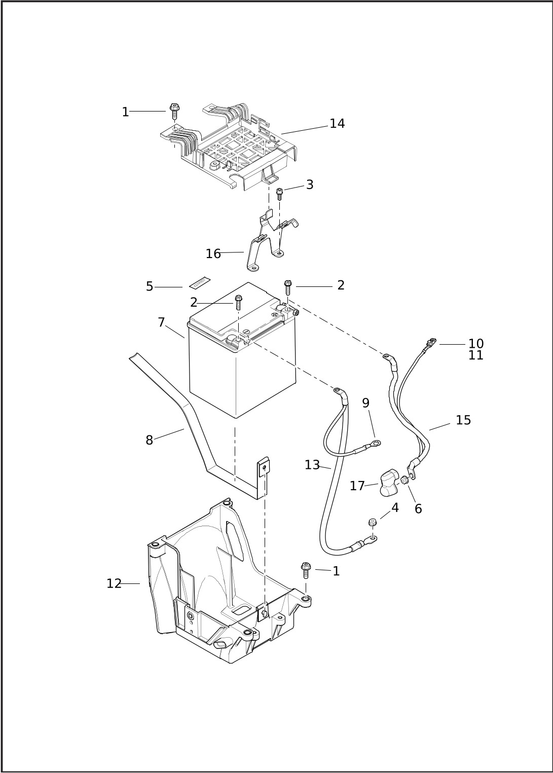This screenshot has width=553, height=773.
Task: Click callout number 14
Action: (x=337, y=124)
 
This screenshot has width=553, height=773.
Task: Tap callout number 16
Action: (x=213, y=254)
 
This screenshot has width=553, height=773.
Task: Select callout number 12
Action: (x=114, y=583)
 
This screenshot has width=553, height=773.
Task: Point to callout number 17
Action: (x=357, y=486)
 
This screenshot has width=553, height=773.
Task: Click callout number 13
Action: (x=312, y=465)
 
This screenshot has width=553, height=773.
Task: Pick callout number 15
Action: (x=463, y=420)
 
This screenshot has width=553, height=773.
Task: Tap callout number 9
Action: (x=365, y=402)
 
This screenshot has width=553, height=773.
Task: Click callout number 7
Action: (x=162, y=322)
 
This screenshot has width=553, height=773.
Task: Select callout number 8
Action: (x=149, y=440)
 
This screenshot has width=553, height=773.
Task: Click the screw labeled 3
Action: (x=279, y=194)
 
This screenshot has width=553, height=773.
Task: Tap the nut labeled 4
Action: (x=372, y=532)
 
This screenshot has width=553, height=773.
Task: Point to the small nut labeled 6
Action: (x=405, y=480)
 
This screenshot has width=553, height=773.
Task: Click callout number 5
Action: (x=149, y=286)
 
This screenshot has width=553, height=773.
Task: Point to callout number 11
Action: (x=476, y=355)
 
